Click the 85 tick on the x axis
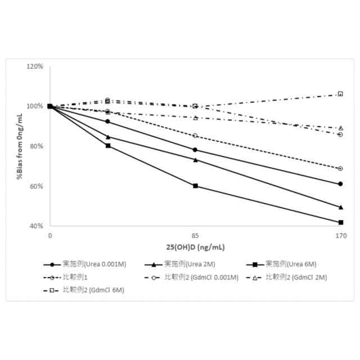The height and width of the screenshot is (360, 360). (195, 235)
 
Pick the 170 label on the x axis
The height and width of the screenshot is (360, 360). (340, 235)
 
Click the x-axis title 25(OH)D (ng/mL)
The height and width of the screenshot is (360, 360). (195, 247)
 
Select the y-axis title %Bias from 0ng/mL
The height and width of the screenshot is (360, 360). (19, 146)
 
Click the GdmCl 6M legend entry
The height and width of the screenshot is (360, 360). (85, 290)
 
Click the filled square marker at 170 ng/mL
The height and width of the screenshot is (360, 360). (340, 222)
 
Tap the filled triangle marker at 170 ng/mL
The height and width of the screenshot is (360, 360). (340, 207)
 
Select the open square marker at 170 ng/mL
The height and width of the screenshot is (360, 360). (340, 93)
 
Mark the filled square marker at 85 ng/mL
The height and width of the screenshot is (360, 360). (195, 186)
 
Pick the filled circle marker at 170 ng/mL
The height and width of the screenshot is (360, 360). (340, 184)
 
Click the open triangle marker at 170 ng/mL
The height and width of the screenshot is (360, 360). (340, 128)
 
